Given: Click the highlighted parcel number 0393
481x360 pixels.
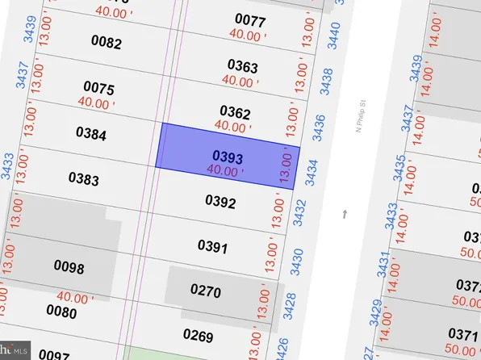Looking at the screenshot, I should pos(228,157).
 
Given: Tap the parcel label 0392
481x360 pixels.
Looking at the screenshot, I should pos(220,202).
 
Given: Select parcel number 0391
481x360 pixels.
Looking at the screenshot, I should pos(213,246).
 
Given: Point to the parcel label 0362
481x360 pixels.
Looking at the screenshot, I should pos(235,112).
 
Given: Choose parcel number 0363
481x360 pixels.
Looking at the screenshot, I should pos(242,65).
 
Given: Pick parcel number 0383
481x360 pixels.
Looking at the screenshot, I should pos(83,178).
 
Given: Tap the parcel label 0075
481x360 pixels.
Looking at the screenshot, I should pos(98,88).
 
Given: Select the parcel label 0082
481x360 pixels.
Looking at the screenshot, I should pos(106,43).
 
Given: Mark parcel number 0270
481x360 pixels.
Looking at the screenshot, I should pos(205,291).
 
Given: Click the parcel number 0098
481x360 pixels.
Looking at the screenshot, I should pos(69,266).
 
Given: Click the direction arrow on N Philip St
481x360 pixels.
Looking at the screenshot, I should pos(345,214).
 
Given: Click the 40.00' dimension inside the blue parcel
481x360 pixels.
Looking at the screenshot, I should pos(224,170).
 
